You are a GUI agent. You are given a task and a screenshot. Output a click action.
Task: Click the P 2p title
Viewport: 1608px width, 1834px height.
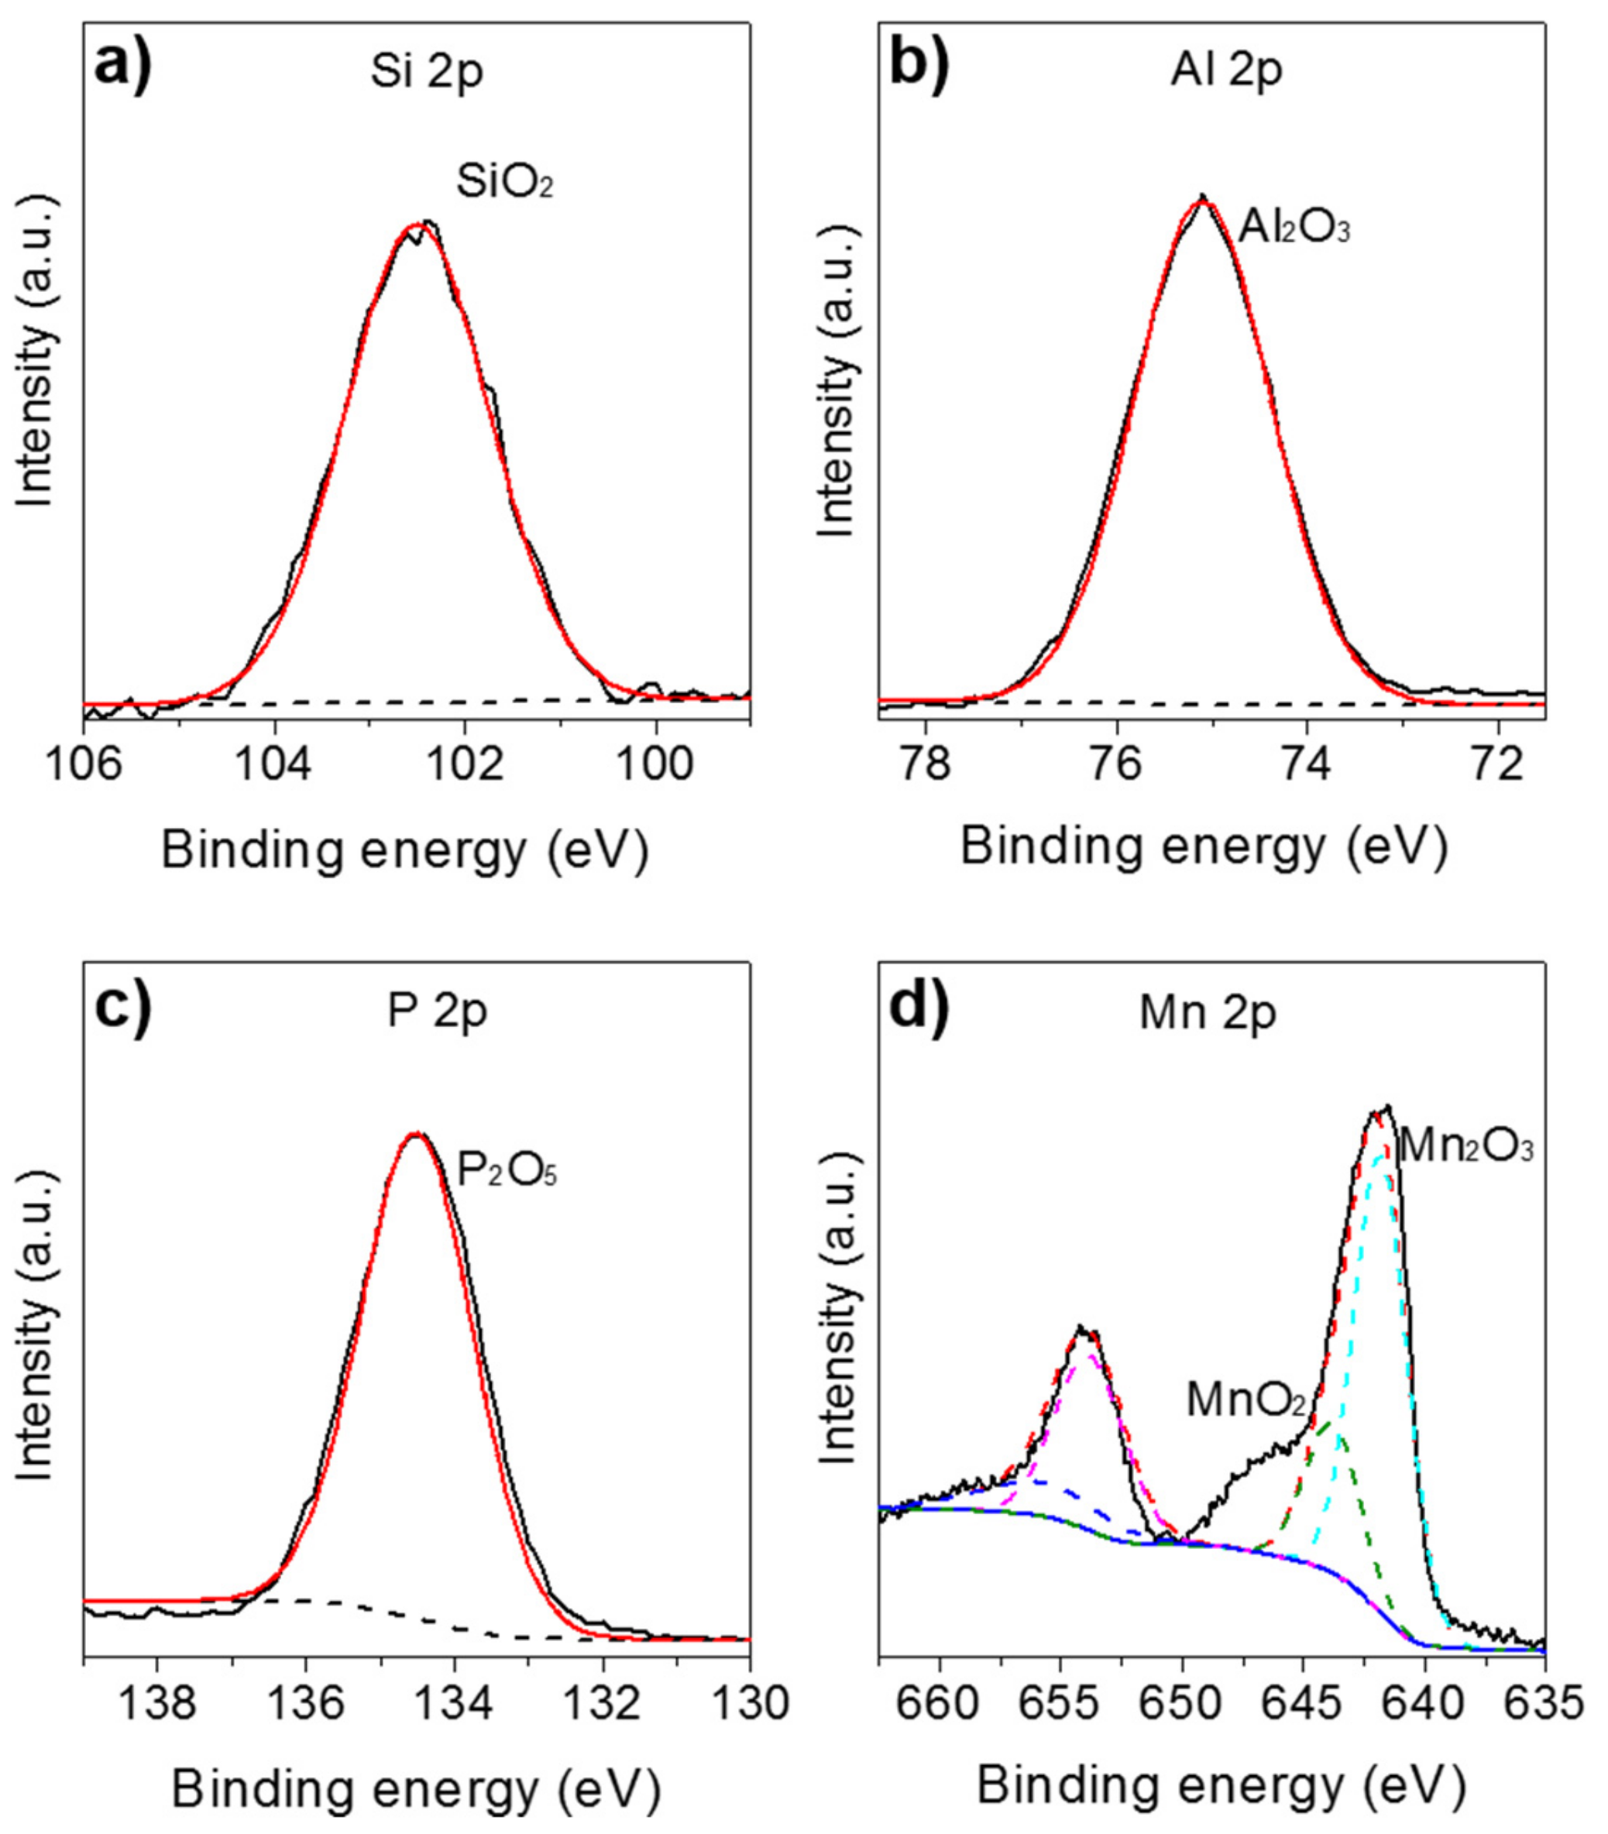[x=437, y=1011]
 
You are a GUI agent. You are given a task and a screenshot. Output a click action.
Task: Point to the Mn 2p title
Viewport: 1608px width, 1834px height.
[x=1207, y=1013]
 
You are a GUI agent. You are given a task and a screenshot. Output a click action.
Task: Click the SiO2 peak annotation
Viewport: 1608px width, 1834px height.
[x=505, y=184]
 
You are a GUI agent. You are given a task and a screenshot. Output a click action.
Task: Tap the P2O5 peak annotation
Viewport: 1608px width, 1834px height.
[x=508, y=1170]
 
